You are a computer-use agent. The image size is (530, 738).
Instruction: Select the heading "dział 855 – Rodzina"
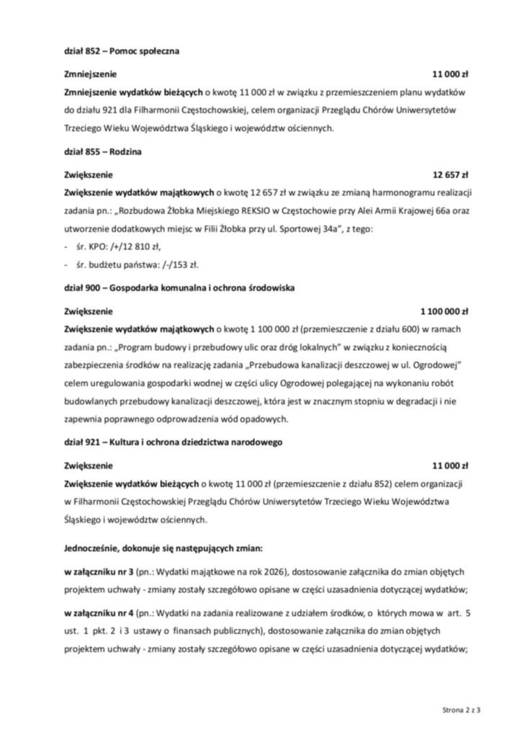point(102,151)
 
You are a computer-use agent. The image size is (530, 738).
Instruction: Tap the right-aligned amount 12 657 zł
point(450,174)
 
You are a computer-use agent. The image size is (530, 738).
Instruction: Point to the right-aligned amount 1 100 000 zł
point(444,311)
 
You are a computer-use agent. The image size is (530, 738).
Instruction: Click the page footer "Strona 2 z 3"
point(461,710)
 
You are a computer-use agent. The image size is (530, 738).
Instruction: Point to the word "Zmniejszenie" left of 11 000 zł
point(90,74)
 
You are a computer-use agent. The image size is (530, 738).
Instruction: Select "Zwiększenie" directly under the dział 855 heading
point(88,174)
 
